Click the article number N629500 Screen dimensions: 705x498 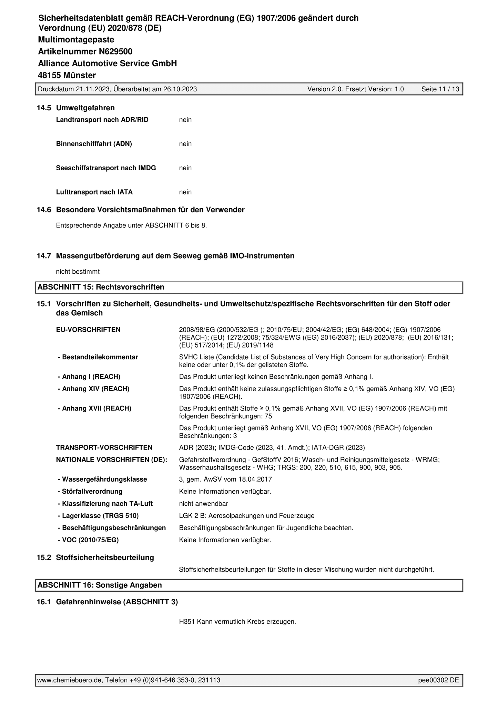pos(115,52)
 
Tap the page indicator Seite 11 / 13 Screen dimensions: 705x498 pos(440,89)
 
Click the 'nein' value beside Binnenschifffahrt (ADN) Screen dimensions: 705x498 pos(185,144)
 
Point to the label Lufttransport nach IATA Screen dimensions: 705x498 pos(94,192)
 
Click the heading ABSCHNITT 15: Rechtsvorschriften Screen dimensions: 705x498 pos(101,287)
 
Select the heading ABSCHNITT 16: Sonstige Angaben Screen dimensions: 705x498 pos(100,585)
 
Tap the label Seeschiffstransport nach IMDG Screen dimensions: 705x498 pos(106,168)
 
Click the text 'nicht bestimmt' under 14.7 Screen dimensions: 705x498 pos(78,272)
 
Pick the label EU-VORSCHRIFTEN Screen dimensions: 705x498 pos(88,330)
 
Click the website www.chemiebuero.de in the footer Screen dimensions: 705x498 pos(69,680)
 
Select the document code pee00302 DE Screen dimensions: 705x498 pos(438,680)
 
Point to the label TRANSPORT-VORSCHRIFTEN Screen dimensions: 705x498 pos(104,448)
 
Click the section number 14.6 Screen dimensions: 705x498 pos(44,210)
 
